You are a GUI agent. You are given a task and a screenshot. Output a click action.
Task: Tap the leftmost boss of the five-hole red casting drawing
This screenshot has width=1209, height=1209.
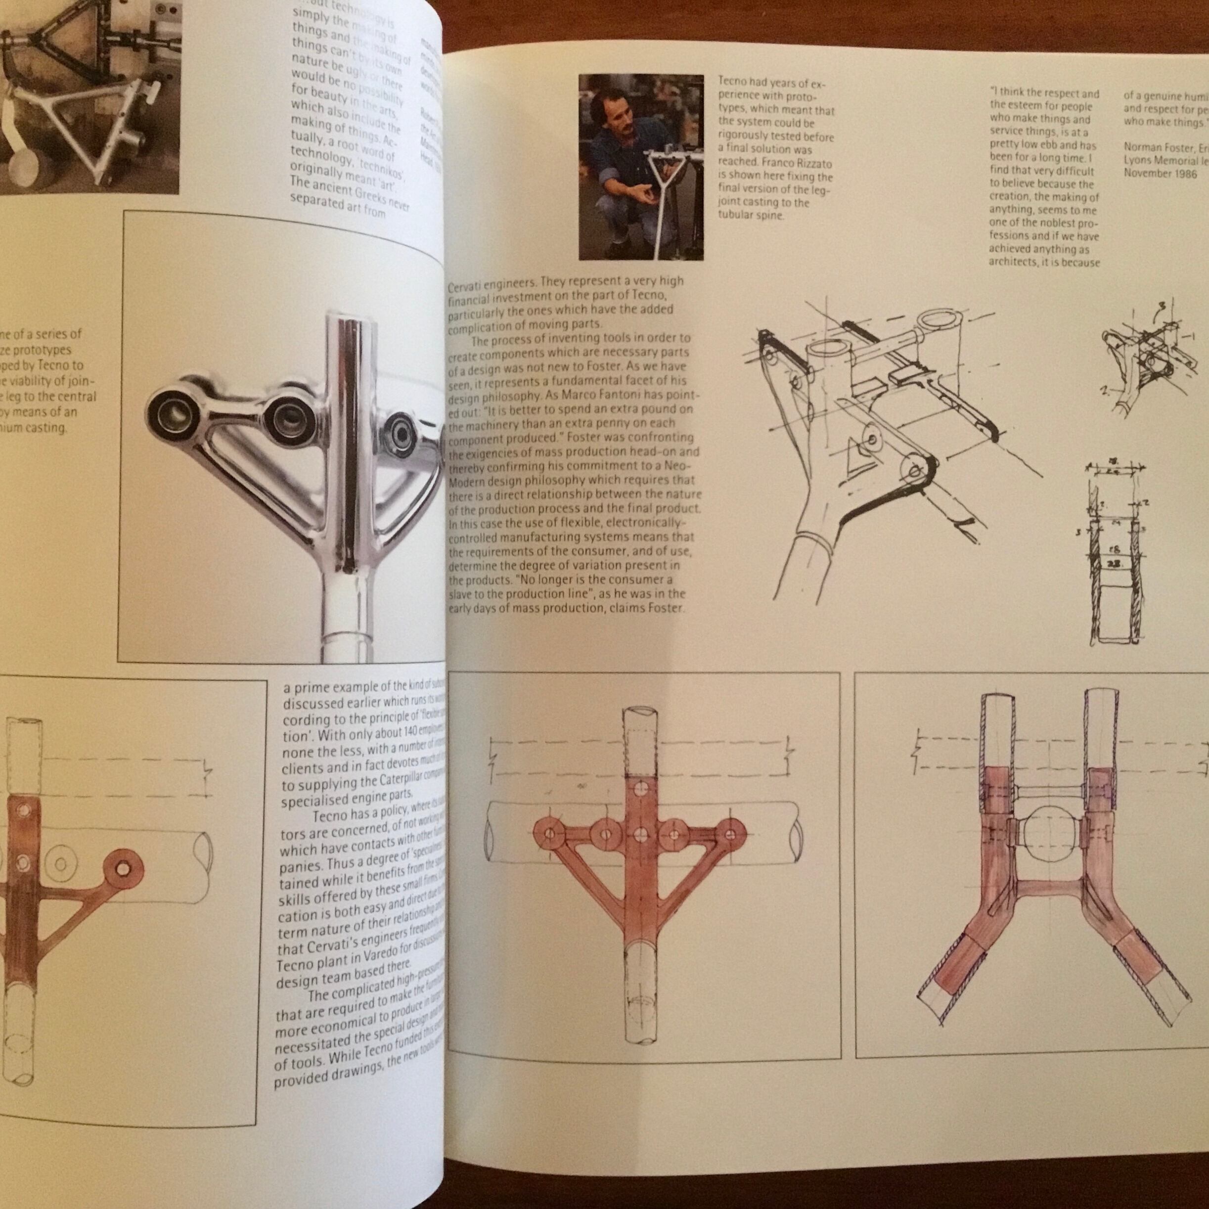549,834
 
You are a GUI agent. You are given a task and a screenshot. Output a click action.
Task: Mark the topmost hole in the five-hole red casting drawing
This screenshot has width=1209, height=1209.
639,787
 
